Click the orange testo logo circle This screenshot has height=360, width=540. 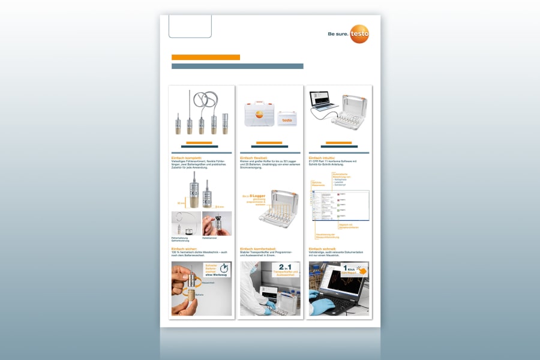coord(359,34)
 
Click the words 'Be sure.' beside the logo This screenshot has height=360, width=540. coord(337,35)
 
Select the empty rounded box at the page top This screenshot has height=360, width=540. coord(190,26)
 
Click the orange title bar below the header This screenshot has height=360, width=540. coord(206,58)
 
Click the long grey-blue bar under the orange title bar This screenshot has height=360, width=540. coord(238,66)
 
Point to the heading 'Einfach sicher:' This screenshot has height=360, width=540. coord(184,248)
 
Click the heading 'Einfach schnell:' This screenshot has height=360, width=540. coord(323,248)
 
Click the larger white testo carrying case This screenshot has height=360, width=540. coord(260,112)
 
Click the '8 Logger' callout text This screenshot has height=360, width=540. coord(256,196)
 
